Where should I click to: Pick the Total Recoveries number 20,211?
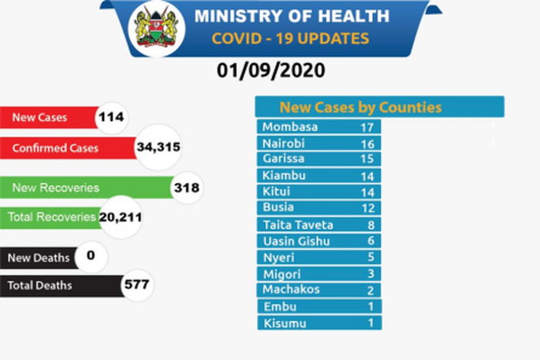coord(121,218)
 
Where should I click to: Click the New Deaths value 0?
coord(91,255)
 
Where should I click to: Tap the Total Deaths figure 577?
coord(137,285)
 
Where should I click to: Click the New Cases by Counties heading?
coord(360,108)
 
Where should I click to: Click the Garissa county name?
coord(283,159)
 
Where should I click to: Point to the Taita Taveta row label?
coord(298,224)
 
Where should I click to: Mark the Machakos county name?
coord(290,290)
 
